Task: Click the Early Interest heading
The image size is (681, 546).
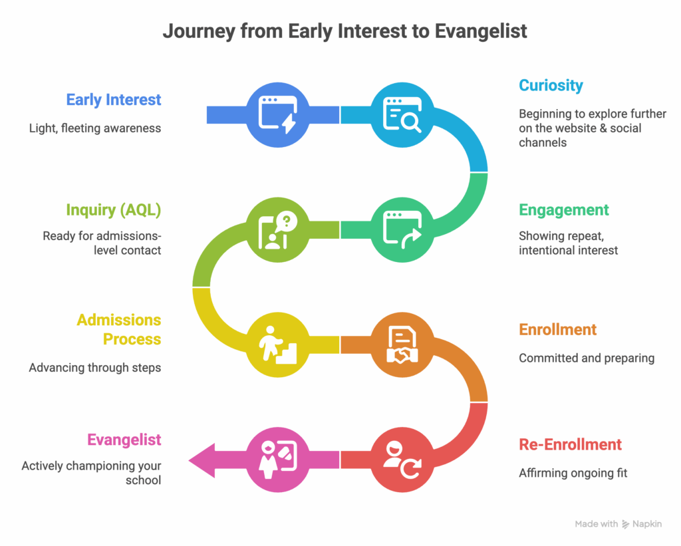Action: click(113, 100)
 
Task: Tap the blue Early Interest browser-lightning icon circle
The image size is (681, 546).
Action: click(278, 114)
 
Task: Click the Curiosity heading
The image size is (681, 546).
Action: click(551, 86)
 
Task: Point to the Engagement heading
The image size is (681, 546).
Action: click(564, 210)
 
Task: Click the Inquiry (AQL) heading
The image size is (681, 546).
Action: click(113, 210)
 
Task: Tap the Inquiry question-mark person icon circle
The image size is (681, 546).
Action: click(278, 229)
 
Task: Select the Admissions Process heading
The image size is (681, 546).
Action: click(118, 329)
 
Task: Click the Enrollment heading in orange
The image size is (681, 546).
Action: click(557, 330)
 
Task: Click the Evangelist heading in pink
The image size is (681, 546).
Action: click(124, 440)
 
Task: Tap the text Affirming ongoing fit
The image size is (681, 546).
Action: click(573, 474)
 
